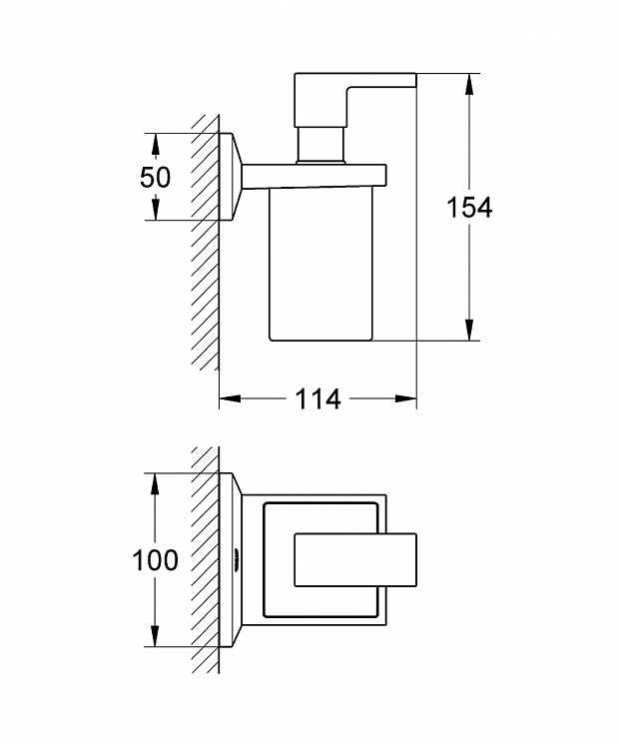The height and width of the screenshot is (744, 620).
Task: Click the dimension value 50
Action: tap(155, 177)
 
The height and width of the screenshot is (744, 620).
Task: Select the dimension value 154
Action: tap(469, 208)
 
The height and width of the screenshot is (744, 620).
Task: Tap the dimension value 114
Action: tap(317, 398)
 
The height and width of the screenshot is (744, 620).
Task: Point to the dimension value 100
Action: tap(155, 560)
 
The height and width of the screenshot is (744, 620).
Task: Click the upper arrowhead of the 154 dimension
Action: tap(469, 84)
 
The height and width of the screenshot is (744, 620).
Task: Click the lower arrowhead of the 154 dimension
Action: tap(469, 330)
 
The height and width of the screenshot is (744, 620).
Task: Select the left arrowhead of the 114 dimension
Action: tap(230, 398)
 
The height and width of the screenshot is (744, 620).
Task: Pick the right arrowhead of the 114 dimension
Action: tap(406, 398)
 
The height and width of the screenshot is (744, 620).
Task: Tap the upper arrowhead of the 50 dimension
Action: tap(155, 143)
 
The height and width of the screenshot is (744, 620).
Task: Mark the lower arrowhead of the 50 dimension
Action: tap(155, 210)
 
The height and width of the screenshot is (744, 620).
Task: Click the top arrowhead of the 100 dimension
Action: tap(155, 483)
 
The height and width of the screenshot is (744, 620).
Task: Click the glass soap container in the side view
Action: tap(320, 265)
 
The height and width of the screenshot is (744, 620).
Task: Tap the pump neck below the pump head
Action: tap(319, 145)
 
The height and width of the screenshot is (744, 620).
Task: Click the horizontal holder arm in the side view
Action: tap(314, 177)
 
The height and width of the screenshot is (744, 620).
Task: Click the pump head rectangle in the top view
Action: tap(355, 560)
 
